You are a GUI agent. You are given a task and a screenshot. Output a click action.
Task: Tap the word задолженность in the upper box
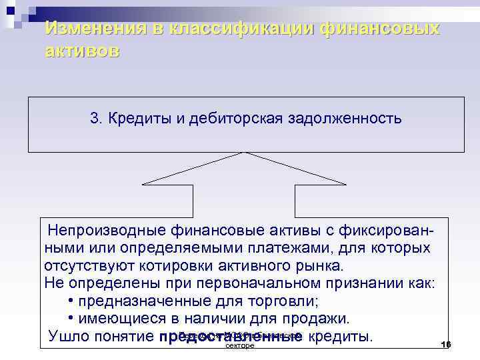click(345, 119)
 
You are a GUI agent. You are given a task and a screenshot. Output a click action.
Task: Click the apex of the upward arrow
click(243, 154)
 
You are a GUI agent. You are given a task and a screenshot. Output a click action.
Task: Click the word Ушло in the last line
click(69, 335)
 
